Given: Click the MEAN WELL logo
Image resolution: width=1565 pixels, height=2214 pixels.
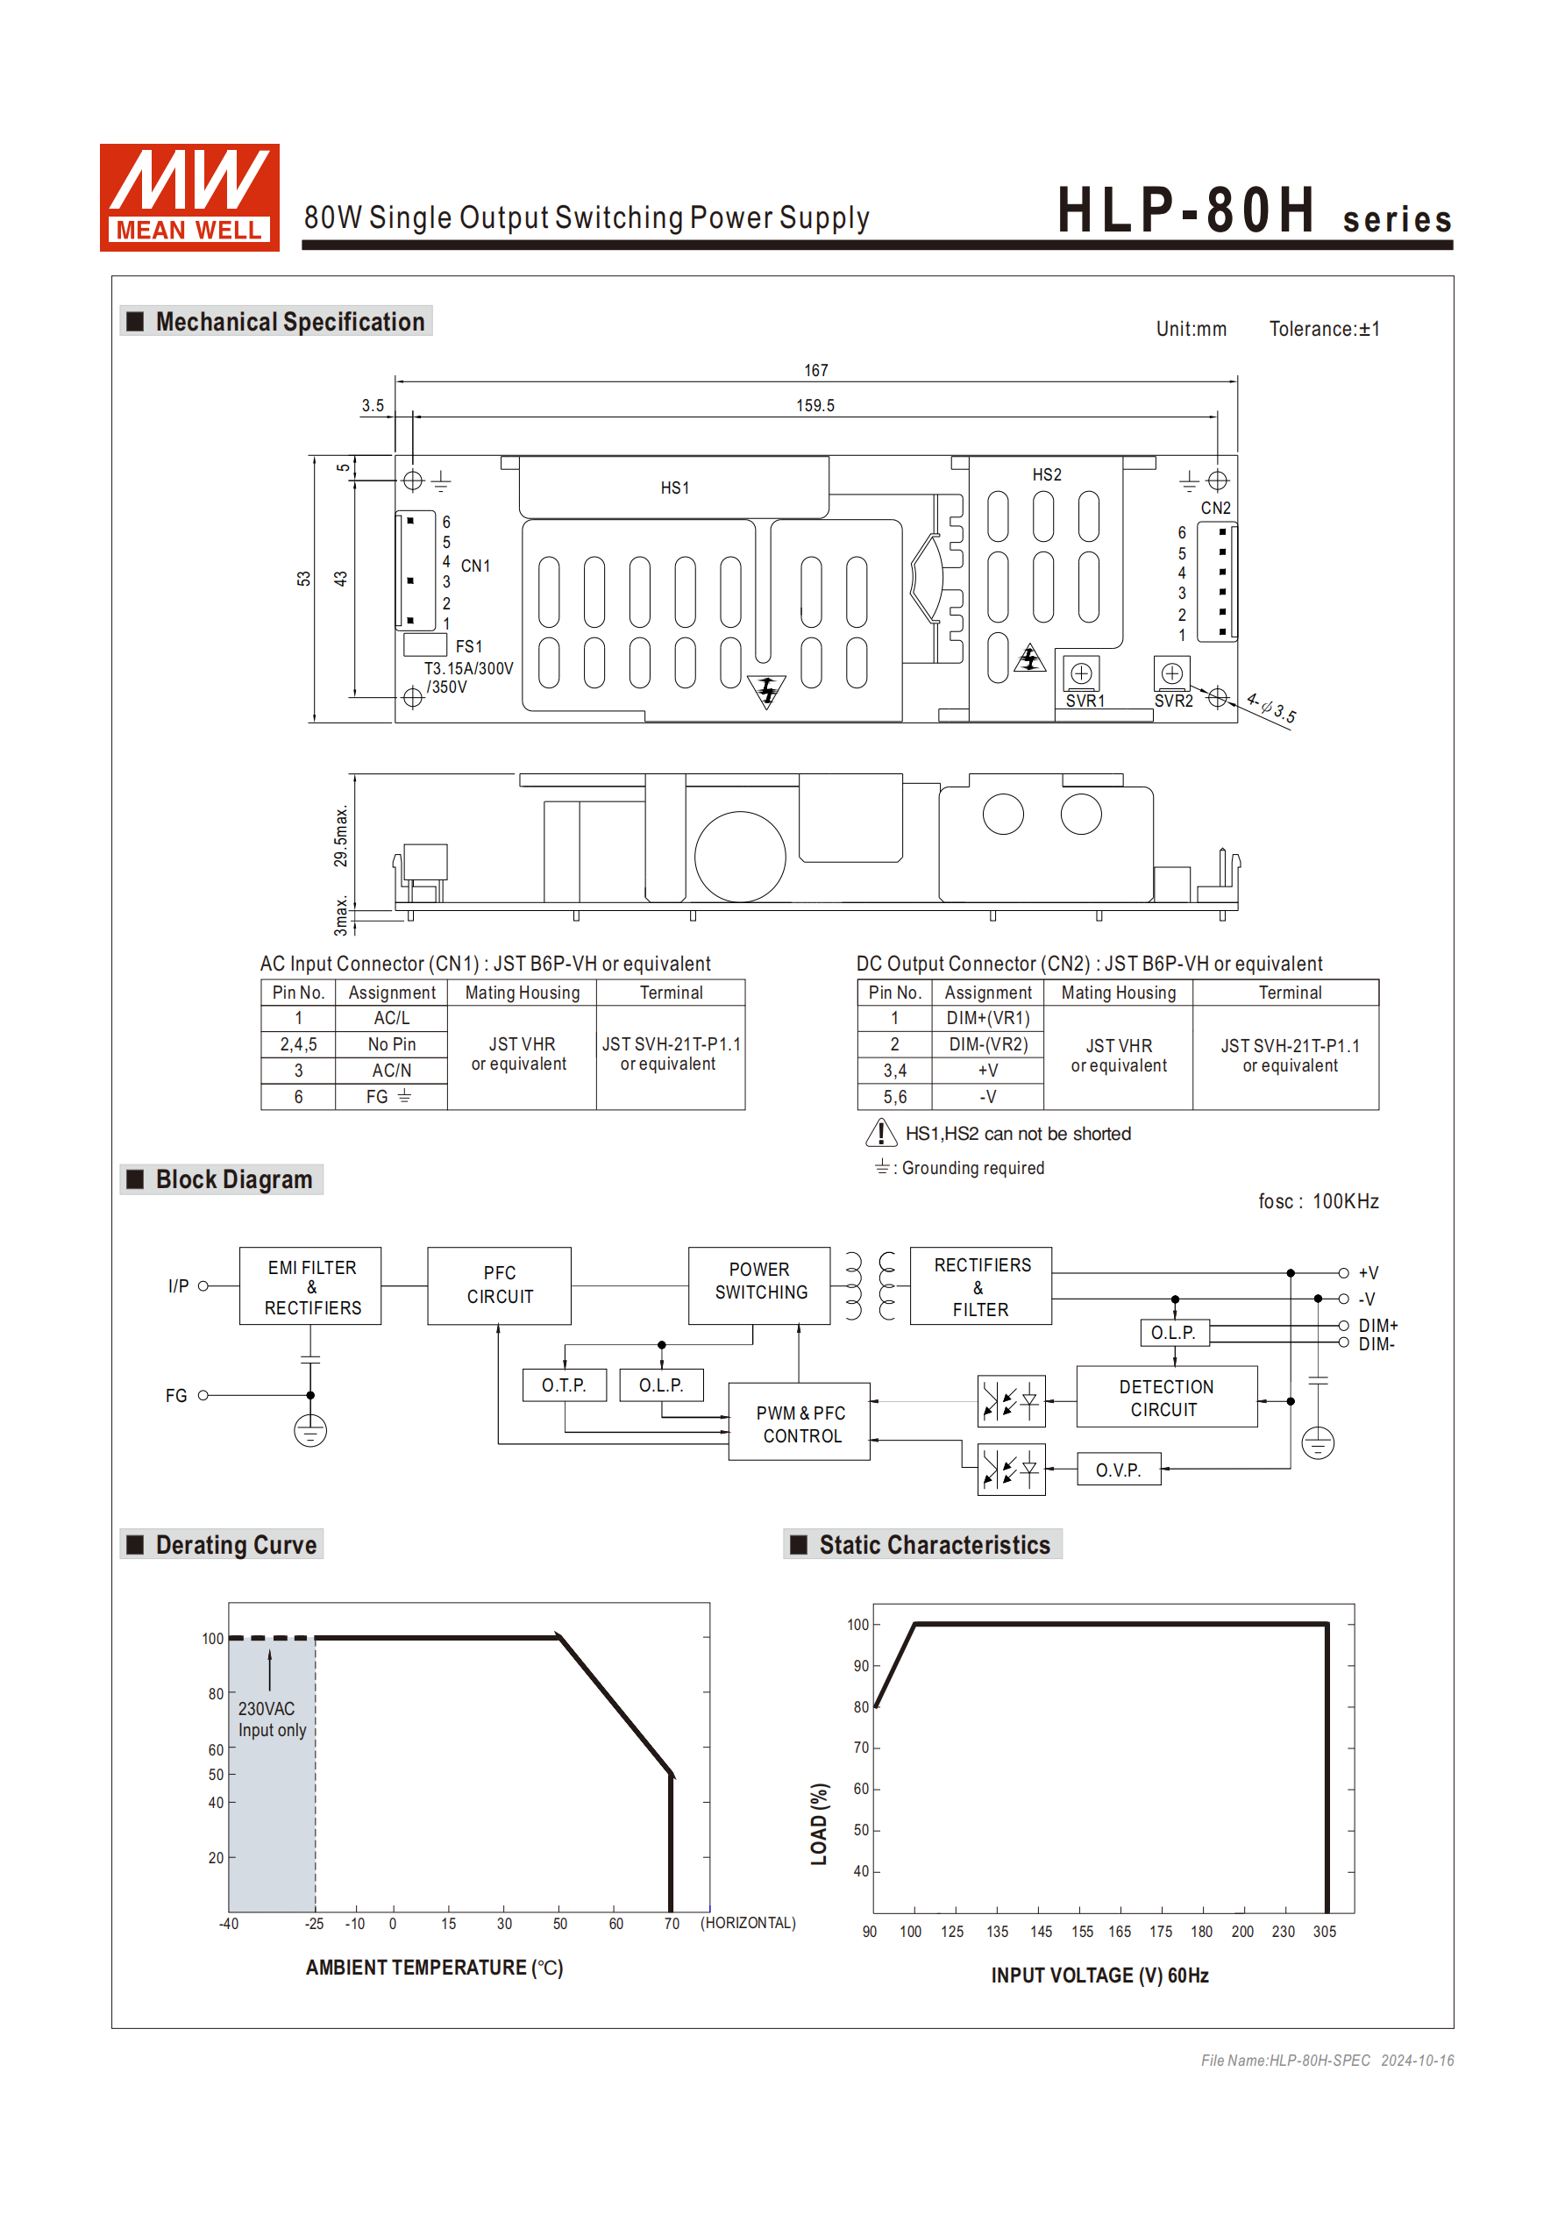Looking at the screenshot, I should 189,197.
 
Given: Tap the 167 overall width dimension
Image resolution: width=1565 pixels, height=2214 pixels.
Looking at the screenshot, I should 815,370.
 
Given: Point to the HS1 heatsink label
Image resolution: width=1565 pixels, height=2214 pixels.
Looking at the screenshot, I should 674,488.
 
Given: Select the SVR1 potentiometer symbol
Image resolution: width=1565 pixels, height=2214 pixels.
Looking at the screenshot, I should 1080,673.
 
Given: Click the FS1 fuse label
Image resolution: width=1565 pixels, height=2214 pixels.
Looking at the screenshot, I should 469,646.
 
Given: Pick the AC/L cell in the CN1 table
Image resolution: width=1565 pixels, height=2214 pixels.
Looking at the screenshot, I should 392,1018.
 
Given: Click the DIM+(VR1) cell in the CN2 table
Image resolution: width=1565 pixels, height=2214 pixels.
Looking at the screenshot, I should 987,1018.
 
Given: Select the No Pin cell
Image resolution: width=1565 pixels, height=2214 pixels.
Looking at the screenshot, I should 392,1044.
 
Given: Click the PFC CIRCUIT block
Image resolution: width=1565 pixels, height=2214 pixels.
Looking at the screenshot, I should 499,1285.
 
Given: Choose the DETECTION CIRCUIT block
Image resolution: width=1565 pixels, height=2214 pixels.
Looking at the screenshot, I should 1166,1398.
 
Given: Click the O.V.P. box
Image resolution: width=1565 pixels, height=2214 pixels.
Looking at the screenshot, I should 1118,1470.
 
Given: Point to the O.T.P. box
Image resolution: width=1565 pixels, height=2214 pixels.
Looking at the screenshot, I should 563,1385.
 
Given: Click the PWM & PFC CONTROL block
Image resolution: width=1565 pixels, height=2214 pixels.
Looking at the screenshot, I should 800,1423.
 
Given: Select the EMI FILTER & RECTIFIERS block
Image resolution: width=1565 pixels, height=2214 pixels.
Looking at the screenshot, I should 310,1287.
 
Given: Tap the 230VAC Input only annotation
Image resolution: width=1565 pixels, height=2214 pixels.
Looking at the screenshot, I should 271,1719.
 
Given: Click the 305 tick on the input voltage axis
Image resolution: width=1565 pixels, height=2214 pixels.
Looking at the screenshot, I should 1324,1932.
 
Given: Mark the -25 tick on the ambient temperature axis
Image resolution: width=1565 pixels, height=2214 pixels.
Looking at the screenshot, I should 315,1924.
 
